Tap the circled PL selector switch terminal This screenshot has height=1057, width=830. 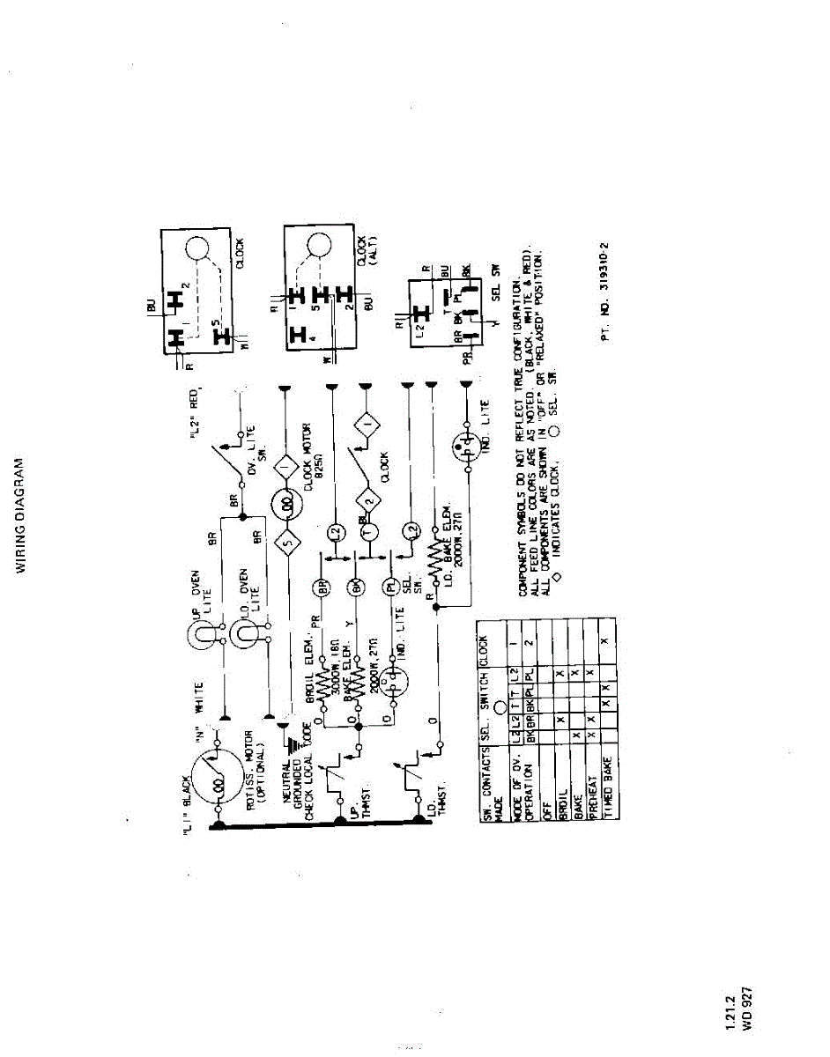tap(389, 587)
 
